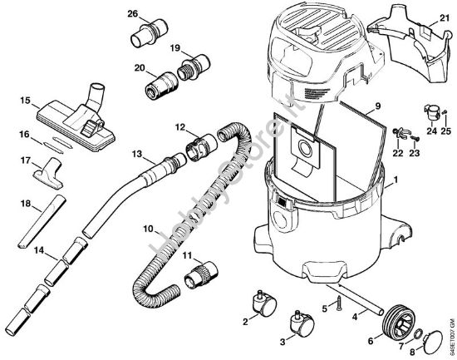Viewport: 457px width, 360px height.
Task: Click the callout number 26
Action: click(x=133, y=14)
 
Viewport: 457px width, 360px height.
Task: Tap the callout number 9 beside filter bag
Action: click(x=377, y=106)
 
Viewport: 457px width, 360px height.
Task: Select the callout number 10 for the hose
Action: click(x=147, y=228)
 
